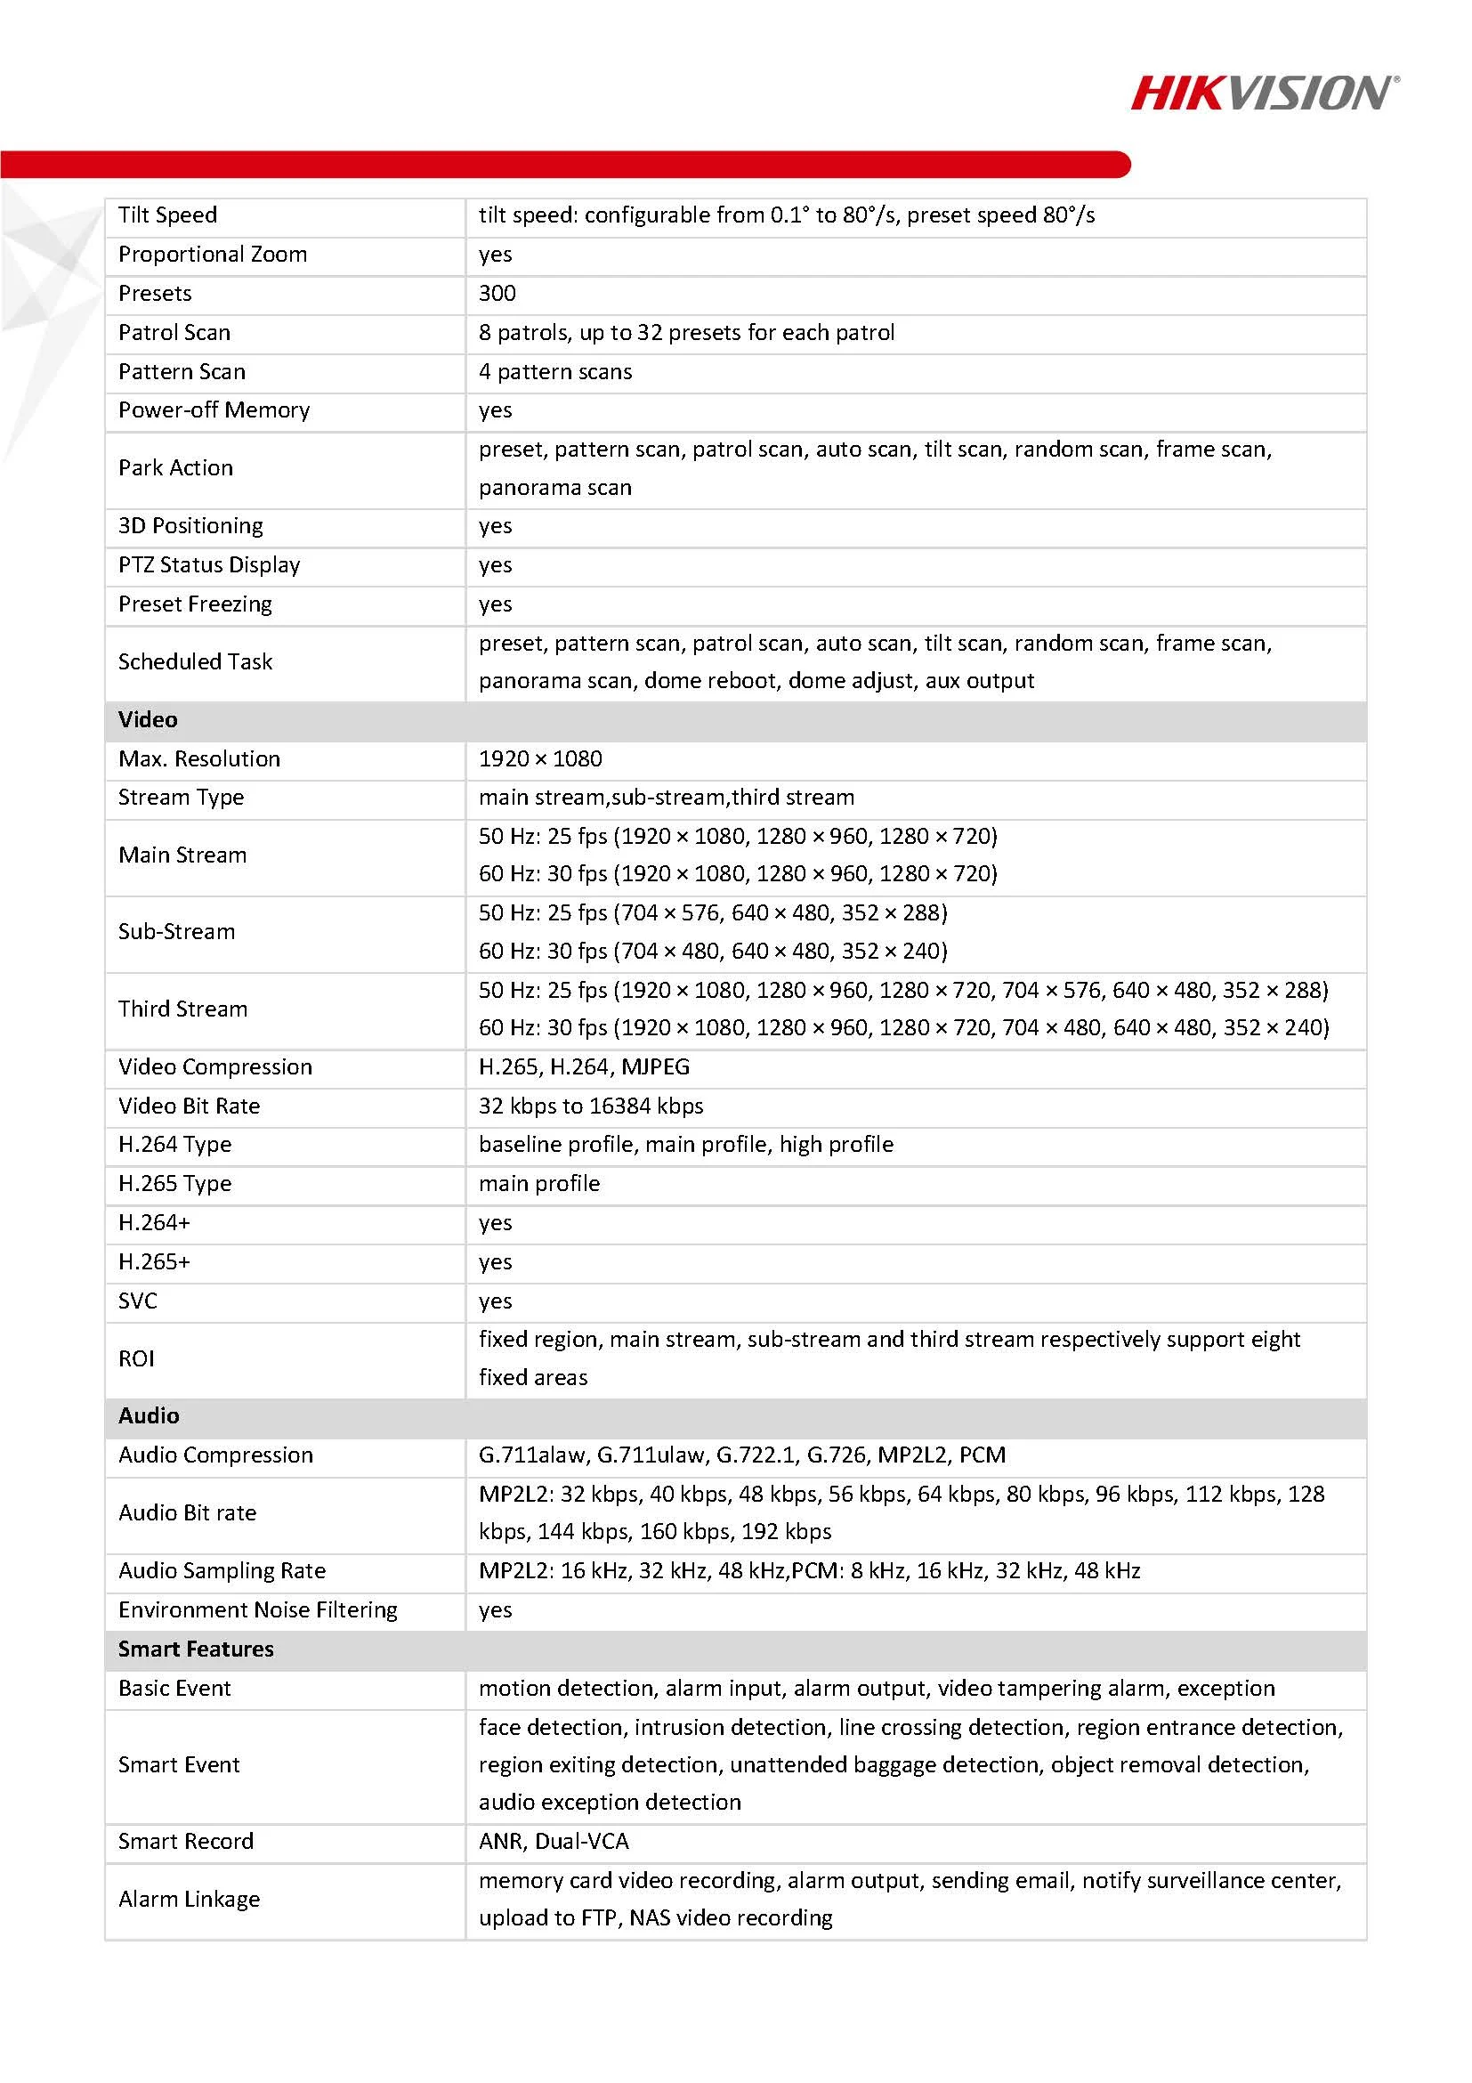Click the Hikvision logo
coord(1265,93)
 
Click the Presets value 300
coord(497,293)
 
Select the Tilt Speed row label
coord(168,215)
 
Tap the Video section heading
coord(148,719)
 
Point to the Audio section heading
coord(149,1415)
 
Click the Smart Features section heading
coord(196,1649)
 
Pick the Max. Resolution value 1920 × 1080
coord(540,758)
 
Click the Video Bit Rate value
coord(590,1106)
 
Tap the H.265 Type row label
coord(175,1183)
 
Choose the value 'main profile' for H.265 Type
coord(539,1183)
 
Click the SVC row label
coord(138,1300)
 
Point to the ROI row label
coord(137,1358)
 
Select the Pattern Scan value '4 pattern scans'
coord(555,371)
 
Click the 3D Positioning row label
coord(190,525)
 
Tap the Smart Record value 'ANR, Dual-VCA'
coord(554,1841)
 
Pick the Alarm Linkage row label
coord(189,1899)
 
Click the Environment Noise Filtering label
coord(257,1609)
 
